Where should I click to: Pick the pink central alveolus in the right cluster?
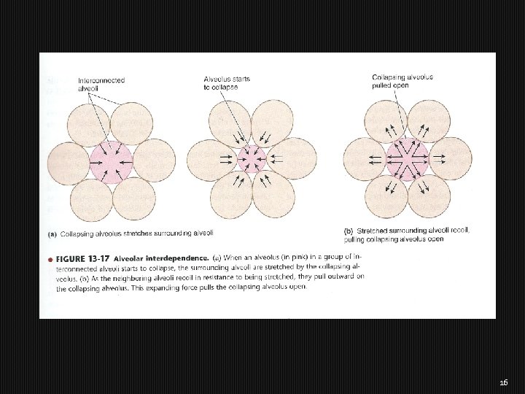[x=406, y=158]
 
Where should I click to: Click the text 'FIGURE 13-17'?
[x=80, y=258]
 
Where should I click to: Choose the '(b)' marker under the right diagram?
[x=348, y=231]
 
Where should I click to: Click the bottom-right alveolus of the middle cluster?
[x=273, y=194]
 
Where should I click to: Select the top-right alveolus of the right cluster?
[x=428, y=120]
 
